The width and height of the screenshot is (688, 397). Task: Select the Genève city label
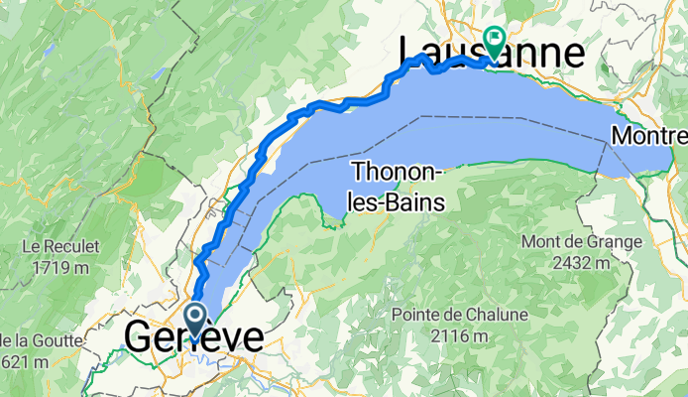194,337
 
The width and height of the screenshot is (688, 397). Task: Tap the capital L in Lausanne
409,52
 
